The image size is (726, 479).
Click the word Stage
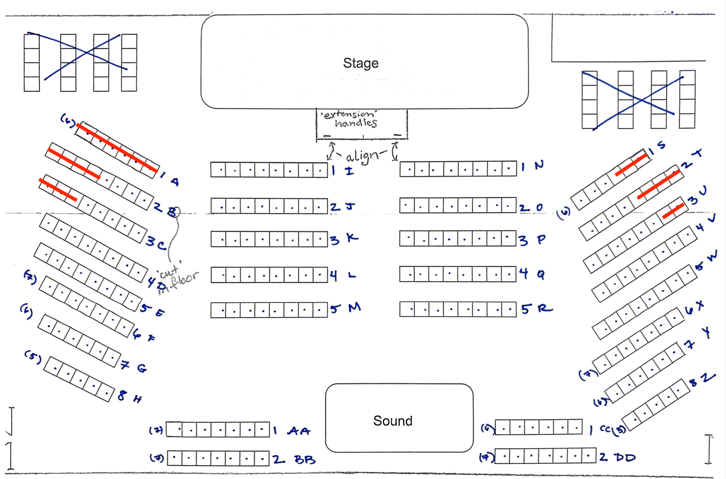tap(361, 63)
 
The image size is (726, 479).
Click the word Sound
tap(393, 421)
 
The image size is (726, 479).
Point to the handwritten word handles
tap(356, 123)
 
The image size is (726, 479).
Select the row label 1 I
tap(342, 171)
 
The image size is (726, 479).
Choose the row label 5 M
tap(345, 308)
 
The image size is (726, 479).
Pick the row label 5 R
tap(537, 309)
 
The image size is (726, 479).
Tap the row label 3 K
tap(344, 239)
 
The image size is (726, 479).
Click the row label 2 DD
tap(617, 457)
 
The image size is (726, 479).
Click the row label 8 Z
tap(702, 380)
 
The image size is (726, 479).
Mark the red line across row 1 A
tap(116, 147)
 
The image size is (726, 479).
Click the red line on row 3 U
tap(673, 211)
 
